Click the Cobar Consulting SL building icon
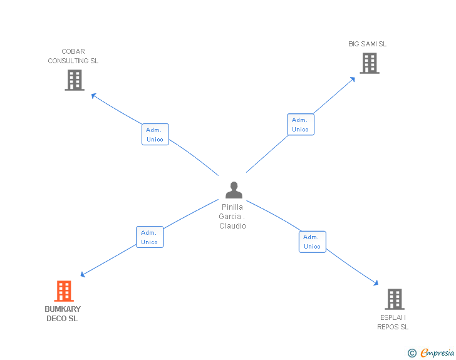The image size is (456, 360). pyautogui.click(x=75, y=80)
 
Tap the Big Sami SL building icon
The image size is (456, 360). pyautogui.click(x=370, y=63)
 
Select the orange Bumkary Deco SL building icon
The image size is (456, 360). pyautogui.click(x=64, y=291)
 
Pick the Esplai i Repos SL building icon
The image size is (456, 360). pyautogui.click(x=395, y=299)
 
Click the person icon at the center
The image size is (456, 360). pyautogui.click(x=234, y=190)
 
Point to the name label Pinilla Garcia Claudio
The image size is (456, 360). pyautogui.click(x=232, y=217)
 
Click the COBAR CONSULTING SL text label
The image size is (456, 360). pyautogui.click(x=73, y=56)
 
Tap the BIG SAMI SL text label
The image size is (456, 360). pyautogui.click(x=368, y=44)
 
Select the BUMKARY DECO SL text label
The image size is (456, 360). pyautogui.click(x=63, y=314)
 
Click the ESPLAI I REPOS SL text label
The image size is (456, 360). pyautogui.click(x=393, y=322)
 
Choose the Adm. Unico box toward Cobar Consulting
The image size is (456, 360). pyautogui.click(x=155, y=135)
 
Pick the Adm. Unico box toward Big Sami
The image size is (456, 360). pyautogui.click(x=300, y=125)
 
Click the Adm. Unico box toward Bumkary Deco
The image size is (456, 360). pyautogui.click(x=150, y=237)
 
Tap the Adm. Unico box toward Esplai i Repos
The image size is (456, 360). pyautogui.click(x=312, y=242)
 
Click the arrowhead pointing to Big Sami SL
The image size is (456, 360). pyautogui.click(x=353, y=79)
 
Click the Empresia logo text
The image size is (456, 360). pyautogui.click(x=437, y=352)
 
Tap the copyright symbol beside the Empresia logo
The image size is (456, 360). pyautogui.click(x=412, y=353)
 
